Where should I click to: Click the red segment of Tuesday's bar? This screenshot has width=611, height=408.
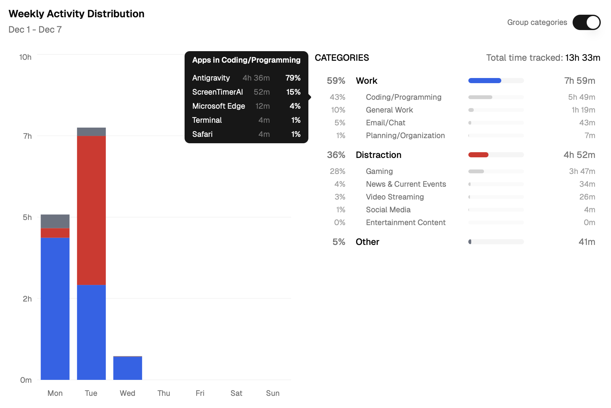click(x=91, y=210)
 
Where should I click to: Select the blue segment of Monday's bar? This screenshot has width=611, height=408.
click(x=55, y=309)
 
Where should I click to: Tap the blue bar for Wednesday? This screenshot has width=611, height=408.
click(x=127, y=368)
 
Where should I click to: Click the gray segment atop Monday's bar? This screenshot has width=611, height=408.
click(x=55, y=221)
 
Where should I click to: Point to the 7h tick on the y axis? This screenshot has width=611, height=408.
click(x=28, y=136)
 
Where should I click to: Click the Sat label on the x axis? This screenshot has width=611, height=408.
click(x=236, y=393)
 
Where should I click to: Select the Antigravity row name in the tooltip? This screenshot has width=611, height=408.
click(x=211, y=78)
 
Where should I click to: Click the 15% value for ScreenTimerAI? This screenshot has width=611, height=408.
click(x=293, y=92)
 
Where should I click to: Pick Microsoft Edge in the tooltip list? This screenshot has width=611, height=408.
click(x=218, y=106)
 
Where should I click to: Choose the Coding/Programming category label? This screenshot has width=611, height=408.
click(x=403, y=97)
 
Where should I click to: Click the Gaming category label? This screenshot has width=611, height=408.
click(x=379, y=171)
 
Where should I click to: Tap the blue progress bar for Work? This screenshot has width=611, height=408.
click(x=484, y=81)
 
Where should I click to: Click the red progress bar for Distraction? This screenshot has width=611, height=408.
click(x=478, y=155)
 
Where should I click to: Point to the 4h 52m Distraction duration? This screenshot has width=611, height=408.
click(x=579, y=155)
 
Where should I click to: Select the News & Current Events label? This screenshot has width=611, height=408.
click(x=406, y=184)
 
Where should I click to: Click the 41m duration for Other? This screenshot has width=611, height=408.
click(x=587, y=242)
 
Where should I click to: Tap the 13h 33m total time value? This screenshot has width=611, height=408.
click(x=582, y=58)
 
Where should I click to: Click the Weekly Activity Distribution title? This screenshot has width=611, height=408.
click(x=76, y=14)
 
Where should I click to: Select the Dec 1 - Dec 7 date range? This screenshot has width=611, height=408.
click(x=35, y=30)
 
